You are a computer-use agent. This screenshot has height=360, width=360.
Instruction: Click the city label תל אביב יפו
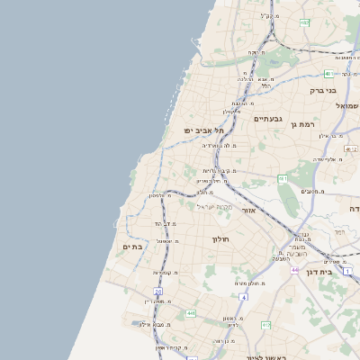[204, 130]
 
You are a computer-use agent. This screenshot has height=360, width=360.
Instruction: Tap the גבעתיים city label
[269, 119]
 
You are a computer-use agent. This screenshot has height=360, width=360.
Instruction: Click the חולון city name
[221, 238]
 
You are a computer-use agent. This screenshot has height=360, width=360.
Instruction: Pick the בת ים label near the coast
[131, 247]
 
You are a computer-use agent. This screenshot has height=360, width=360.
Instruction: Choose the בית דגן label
[338, 272]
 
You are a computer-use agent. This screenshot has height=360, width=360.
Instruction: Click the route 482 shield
[329, 74]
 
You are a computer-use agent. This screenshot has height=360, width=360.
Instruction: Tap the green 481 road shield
[282, 179]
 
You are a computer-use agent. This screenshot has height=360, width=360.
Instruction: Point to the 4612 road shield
[351, 148]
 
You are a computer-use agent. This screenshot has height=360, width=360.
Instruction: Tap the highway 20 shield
[158, 291]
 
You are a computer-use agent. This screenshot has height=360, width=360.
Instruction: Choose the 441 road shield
[191, 312]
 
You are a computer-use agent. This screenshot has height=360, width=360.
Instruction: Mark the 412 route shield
[266, 324]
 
